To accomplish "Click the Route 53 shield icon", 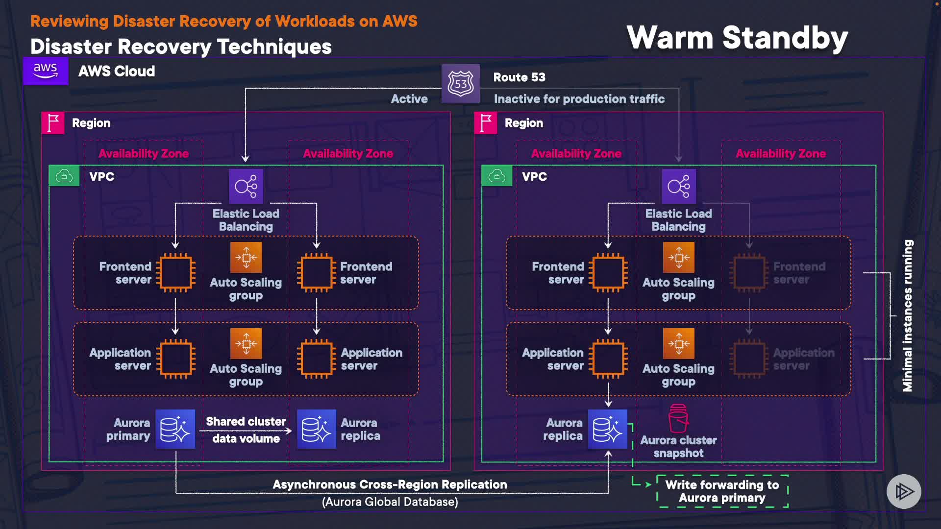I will [460, 84].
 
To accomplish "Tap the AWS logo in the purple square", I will [46, 72].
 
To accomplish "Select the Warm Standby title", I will [737, 38].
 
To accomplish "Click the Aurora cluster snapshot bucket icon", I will [678, 418].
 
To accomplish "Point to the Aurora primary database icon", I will [175, 429].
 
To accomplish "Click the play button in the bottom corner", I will [903, 491].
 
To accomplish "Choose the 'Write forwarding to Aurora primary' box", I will [722, 491].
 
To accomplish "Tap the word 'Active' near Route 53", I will [409, 99].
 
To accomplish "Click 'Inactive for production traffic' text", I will [579, 99].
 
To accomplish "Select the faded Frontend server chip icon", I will [748, 273].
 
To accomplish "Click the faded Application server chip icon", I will [748, 359].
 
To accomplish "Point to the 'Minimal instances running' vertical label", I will [908, 315].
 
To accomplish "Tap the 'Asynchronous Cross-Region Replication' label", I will [390, 484].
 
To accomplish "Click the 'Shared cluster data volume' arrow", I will [246, 431].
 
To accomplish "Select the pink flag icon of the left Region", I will [53, 123].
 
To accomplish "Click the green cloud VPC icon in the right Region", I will [496, 176].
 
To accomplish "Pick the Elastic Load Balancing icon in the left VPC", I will [246, 186].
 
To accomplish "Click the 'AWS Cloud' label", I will [117, 72].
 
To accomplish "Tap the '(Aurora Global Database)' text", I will [390, 502].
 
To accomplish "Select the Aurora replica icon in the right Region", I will [608, 429].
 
